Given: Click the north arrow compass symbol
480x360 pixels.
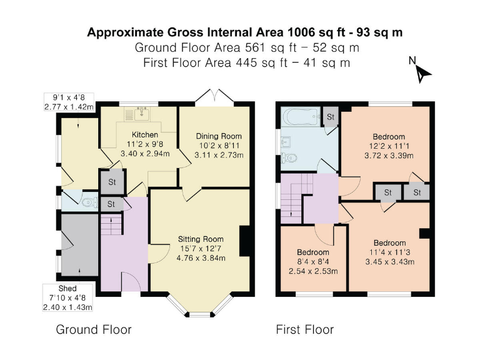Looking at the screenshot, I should tap(421, 71).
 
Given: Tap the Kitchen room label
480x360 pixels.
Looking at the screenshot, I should tap(144, 134).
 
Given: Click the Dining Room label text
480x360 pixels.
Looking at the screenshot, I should tap(218, 136).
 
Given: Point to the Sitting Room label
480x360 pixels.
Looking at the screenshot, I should tap(201, 239).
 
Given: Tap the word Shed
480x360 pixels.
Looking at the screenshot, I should tap(67, 289).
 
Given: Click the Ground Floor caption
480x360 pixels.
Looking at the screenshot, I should tap(94, 329).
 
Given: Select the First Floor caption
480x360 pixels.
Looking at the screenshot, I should tap(305, 329).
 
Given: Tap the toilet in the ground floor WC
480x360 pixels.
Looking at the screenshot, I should tap(88, 201).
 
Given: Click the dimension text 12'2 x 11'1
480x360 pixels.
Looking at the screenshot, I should tap(389, 146).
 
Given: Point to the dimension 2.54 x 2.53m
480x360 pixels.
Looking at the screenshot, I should tap(314, 271).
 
